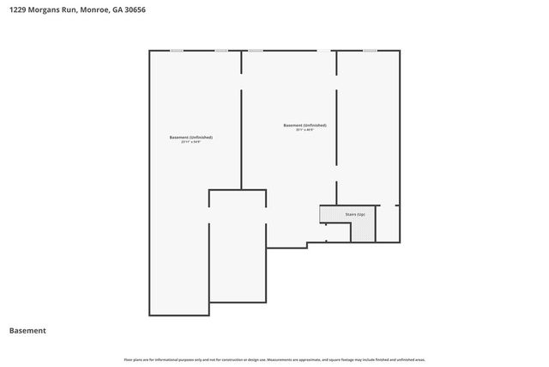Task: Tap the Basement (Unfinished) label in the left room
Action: coord(190,138)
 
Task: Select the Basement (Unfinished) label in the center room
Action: coord(305,125)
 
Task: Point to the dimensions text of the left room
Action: coord(190,142)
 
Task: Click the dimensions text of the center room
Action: coord(305,130)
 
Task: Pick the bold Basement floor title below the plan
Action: coord(27,331)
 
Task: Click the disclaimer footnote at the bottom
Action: coord(274,359)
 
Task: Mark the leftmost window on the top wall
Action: coord(176,51)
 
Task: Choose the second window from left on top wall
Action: coord(221,51)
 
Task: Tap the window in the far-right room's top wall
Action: coord(369,51)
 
